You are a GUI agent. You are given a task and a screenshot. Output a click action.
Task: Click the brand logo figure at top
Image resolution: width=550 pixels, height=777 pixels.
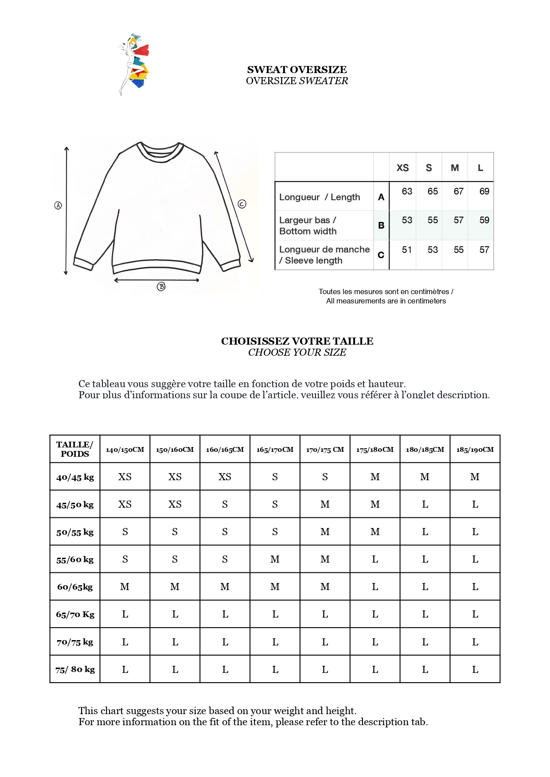134,64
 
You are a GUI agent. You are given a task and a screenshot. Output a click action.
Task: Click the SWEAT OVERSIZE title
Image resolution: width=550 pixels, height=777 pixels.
297,70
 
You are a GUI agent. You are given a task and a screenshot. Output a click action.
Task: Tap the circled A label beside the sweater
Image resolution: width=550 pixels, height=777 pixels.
58,206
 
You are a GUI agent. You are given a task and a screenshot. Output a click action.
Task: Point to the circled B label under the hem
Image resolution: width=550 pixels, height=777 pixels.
161,287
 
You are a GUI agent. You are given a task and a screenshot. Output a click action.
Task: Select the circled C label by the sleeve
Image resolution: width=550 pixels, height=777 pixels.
242,204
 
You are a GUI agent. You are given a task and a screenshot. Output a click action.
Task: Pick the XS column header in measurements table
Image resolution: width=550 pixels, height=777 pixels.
402,168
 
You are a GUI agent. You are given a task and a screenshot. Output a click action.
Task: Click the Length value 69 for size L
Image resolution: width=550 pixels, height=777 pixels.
484,191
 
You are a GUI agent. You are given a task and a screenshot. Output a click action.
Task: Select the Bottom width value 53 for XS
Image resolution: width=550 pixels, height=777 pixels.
407,220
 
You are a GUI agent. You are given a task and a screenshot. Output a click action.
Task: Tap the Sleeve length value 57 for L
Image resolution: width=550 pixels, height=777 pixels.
484,250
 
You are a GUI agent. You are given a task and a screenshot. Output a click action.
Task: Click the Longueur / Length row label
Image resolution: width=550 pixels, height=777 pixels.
320,197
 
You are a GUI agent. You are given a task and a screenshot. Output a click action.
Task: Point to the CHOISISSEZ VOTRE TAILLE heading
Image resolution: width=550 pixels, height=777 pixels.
297,341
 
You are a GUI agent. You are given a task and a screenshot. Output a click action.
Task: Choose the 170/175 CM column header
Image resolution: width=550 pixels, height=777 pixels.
325,450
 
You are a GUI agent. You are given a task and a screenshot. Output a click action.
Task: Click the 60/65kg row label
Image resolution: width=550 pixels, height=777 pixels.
75,587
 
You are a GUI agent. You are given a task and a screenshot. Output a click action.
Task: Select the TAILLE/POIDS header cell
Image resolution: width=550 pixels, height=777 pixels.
75,449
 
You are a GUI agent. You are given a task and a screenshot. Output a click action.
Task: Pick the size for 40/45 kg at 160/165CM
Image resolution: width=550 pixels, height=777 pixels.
225,477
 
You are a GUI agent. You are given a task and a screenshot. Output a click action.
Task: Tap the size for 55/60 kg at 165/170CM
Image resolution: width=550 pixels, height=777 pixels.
275,559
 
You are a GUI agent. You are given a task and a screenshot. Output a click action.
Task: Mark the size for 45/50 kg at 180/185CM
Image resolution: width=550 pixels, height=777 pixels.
425,505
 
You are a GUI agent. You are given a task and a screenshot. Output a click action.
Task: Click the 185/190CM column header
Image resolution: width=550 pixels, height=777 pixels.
475,450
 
